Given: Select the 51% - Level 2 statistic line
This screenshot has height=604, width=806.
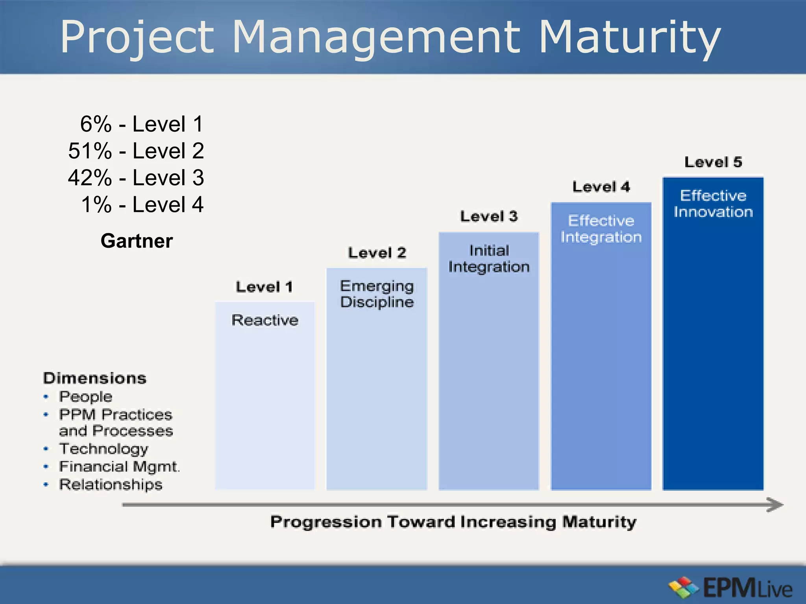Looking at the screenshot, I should (136, 151).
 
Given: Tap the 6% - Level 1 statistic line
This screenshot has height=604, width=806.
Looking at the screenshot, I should (142, 124).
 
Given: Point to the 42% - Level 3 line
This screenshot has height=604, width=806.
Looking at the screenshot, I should (136, 178).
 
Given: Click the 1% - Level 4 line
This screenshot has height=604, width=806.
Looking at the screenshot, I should (142, 204).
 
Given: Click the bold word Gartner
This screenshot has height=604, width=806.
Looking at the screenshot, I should (137, 241).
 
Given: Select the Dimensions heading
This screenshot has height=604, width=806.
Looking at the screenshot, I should (95, 378).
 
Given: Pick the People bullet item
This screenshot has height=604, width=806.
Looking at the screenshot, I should (85, 396).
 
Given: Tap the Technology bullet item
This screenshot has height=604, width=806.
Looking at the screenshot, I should (104, 449).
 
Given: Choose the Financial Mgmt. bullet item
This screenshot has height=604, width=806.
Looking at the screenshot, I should (119, 467).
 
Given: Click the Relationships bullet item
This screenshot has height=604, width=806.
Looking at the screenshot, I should (111, 484).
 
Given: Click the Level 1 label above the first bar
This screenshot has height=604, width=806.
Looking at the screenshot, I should (264, 287).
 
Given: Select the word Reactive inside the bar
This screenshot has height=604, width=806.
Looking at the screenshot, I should (264, 320).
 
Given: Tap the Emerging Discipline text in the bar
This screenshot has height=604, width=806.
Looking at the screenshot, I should (377, 294).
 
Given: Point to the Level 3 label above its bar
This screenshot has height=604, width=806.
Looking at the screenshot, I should (489, 216).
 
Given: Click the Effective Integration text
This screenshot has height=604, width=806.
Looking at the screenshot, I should (601, 229).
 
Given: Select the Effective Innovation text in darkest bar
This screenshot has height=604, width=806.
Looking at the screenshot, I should (713, 204).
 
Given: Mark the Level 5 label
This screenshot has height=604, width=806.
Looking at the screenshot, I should (713, 162).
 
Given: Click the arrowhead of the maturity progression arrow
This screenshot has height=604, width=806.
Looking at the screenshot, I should (775, 505).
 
